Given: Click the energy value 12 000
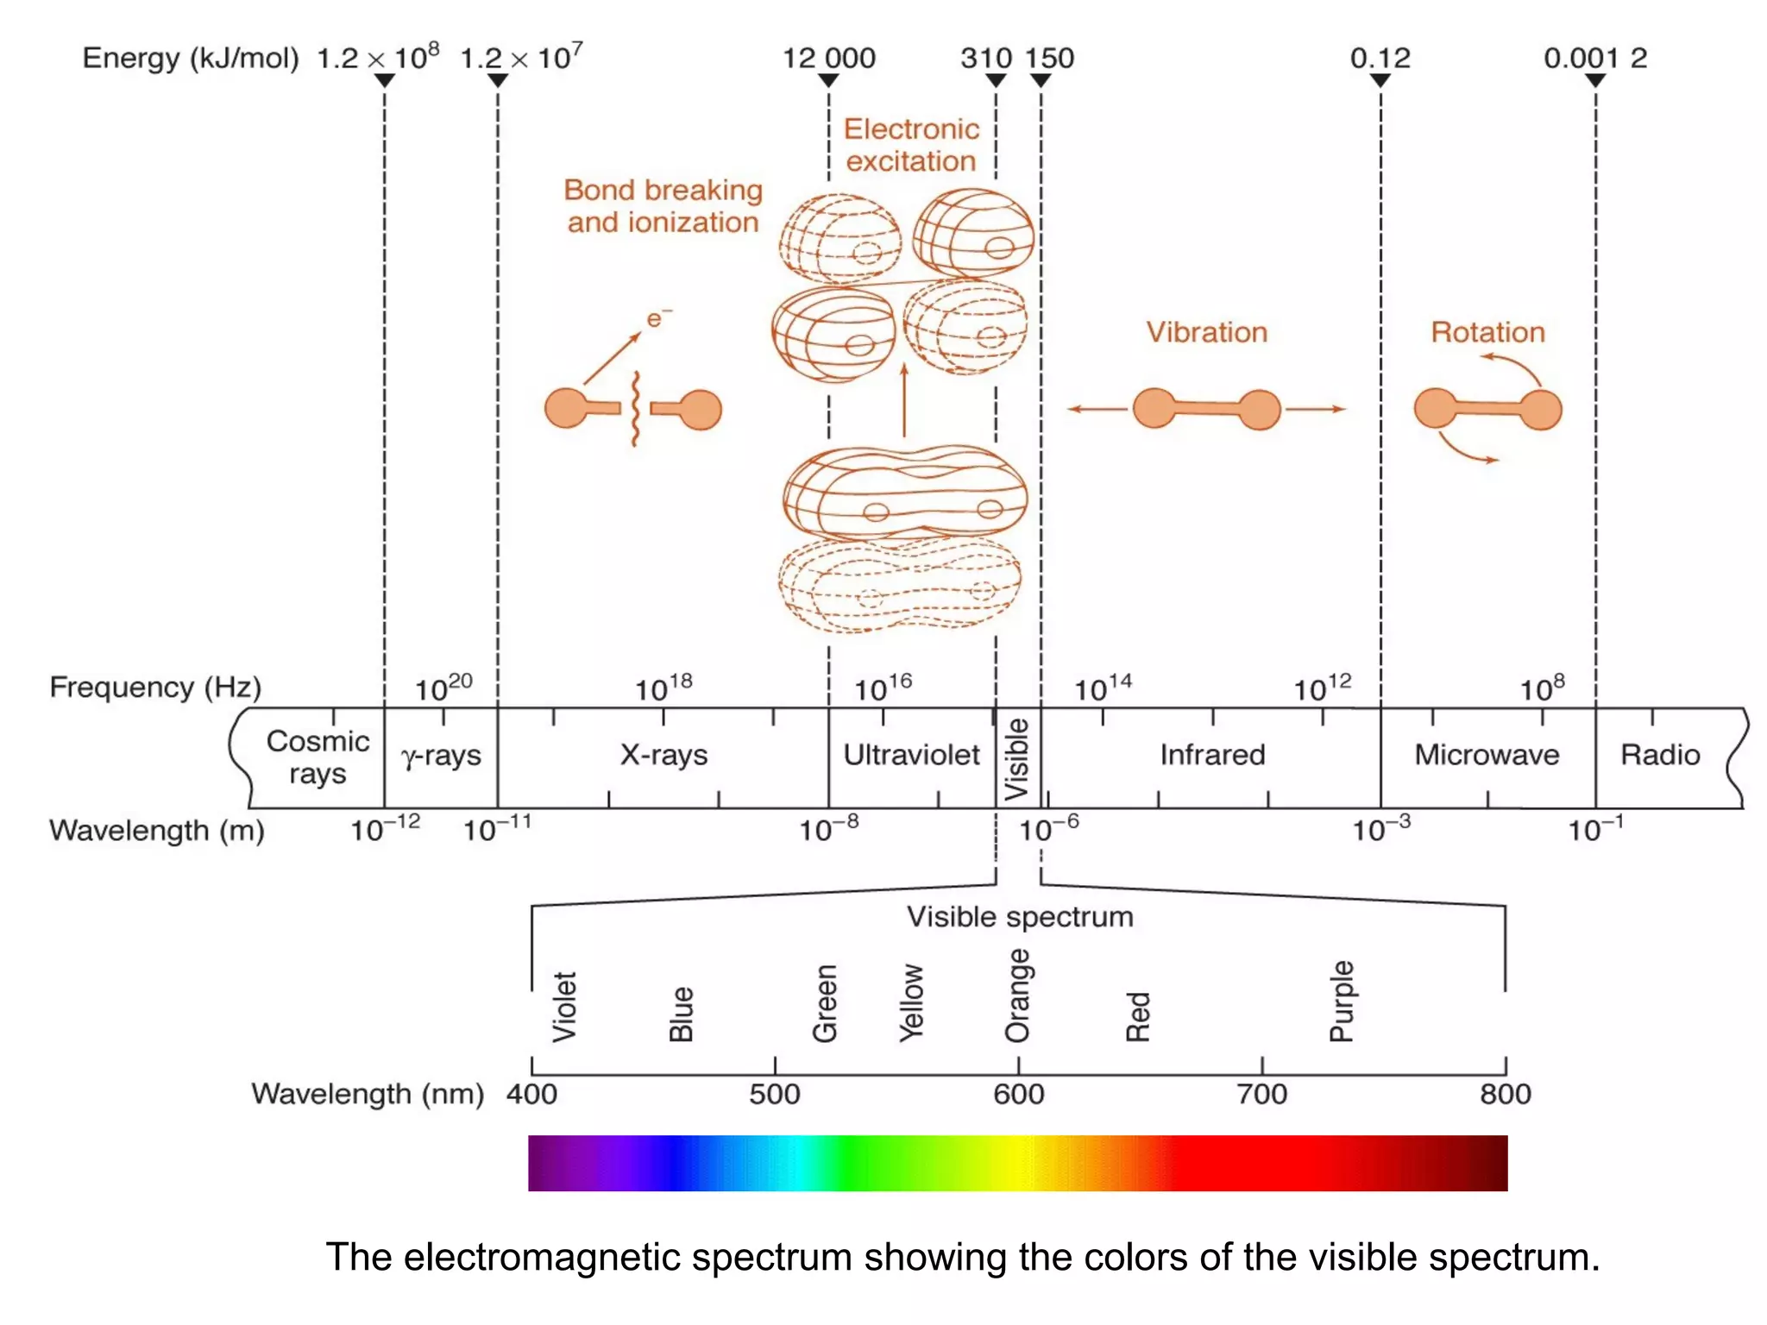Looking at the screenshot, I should point(828,59).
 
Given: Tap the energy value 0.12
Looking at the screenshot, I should point(1380,59).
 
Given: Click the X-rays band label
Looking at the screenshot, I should point(663,755).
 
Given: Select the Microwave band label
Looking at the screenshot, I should point(1487,755).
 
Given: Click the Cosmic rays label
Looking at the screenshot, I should point(317,757).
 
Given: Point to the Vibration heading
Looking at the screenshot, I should point(1206,332).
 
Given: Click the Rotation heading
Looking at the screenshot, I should point(1487,332).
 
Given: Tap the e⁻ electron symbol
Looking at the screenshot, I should point(658,318).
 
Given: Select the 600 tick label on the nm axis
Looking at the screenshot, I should point(1018,1094).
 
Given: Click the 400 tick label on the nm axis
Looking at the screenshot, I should point(531,1094).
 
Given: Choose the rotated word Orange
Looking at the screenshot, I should point(1018,995).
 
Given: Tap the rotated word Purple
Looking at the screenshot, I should point(1342,1001).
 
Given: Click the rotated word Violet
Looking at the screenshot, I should point(564,1007).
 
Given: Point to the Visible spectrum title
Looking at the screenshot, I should point(1019,916).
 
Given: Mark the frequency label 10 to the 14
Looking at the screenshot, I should point(1102,688).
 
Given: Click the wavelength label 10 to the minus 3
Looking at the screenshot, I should point(1380,829).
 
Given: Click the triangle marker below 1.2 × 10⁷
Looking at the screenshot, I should point(498,80).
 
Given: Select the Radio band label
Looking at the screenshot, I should point(1659,755).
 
